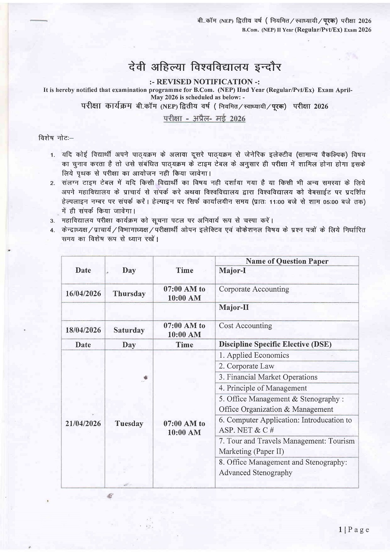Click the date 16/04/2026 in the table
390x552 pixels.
[x=83, y=293]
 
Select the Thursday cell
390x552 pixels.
[x=129, y=294]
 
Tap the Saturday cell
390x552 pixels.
[x=129, y=330]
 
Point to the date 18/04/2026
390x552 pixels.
[x=83, y=330]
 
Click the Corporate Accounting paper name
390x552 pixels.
[x=254, y=289]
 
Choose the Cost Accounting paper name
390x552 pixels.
[x=245, y=326]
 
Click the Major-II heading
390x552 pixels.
[x=233, y=307]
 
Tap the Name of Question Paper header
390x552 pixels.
[x=287, y=261]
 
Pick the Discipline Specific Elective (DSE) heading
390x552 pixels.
[x=275, y=344]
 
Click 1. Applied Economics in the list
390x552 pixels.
[x=254, y=355]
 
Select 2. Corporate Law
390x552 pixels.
[x=246, y=366]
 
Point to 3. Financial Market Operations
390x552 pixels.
[x=268, y=377]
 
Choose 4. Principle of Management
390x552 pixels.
[x=262, y=388]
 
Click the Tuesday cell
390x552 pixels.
[x=129, y=424]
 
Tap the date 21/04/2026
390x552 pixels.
[x=83, y=424]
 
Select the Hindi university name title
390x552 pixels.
[x=205, y=67]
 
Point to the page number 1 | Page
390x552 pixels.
[x=354, y=530]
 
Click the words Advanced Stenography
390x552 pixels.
[x=256, y=473]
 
